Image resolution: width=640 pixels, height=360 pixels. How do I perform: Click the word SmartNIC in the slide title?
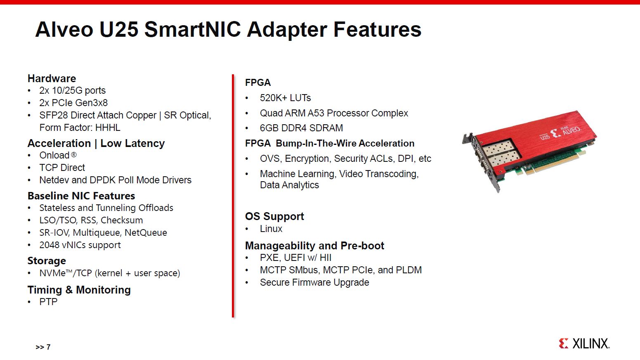(193, 29)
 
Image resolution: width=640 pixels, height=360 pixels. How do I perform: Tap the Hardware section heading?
(52, 78)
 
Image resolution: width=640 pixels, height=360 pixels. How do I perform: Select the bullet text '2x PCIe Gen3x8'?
(73, 103)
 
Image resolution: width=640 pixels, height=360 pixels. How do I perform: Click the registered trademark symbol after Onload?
(74, 155)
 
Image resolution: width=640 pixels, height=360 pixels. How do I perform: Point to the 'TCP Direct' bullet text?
(62, 168)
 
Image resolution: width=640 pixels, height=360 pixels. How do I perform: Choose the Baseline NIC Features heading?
(81, 196)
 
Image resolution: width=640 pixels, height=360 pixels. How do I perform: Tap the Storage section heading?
(47, 261)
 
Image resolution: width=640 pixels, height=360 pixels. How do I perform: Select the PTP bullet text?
(48, 302)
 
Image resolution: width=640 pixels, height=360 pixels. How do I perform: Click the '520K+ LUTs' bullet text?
(285, 98)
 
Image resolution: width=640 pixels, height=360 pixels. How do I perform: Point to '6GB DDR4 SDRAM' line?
(301, 128)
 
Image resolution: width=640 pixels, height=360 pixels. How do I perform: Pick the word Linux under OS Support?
(271, 229)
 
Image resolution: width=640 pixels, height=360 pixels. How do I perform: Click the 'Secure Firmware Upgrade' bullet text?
(314, 282)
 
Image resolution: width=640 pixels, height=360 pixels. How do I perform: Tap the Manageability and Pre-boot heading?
(314, 246)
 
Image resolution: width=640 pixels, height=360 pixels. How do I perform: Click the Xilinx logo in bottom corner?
(584, 343)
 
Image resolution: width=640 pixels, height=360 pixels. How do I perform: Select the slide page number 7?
(48, 347)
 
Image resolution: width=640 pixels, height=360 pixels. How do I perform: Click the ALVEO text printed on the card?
(572, 130)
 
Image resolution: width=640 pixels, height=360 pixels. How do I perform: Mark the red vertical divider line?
(233, 196)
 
